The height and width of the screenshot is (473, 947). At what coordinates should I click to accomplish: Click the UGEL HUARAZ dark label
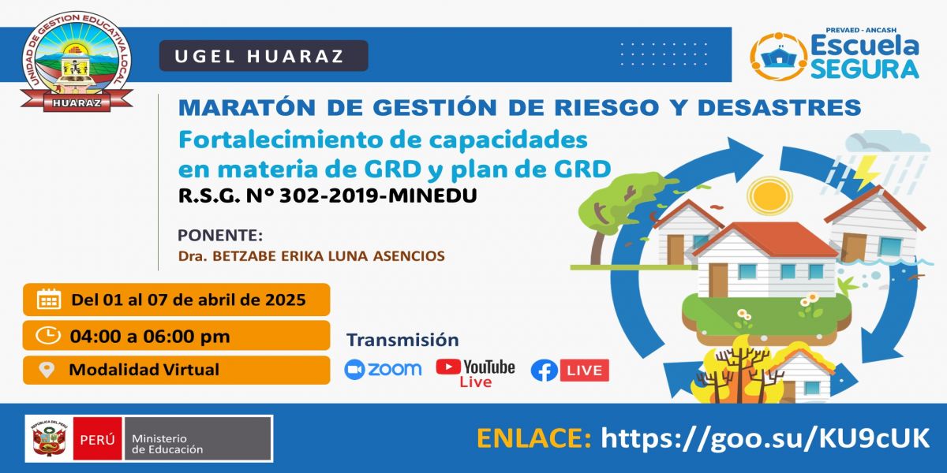[264, 56]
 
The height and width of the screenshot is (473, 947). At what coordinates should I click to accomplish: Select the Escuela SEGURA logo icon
[778, 56]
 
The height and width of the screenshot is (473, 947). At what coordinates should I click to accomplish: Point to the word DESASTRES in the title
[779, 107]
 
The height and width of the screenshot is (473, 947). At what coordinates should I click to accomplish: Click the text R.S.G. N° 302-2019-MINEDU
[328, 196]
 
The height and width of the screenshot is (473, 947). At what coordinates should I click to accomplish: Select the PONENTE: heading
[220, 235]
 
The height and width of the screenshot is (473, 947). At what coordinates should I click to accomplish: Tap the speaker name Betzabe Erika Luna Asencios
[312, 256]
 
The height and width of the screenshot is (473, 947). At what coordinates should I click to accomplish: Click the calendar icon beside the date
[49, 300]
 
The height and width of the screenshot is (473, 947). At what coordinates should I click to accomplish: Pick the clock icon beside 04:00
[48, 336]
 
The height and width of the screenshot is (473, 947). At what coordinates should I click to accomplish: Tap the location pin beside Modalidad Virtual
[47, 370]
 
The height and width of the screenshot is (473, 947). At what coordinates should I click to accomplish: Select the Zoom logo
[383, 370]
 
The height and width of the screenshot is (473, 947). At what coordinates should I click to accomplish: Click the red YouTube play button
[448, 367]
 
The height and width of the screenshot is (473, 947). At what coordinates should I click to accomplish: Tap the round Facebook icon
[545, 371]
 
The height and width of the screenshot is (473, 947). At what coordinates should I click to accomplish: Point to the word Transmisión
[402, 340]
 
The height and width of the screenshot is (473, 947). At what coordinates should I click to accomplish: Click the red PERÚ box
[97, 439]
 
